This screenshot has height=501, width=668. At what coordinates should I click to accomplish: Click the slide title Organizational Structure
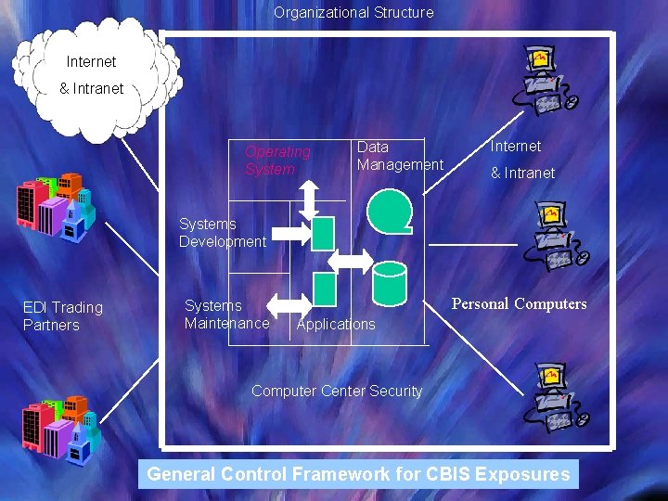(353, 13)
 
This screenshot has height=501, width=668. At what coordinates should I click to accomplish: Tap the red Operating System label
(277, 161)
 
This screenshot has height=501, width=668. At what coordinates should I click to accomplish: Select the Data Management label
(399, 156)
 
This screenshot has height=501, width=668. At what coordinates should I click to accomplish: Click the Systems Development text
(222, 233)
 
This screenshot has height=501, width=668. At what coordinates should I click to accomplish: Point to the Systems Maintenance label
(226, 315)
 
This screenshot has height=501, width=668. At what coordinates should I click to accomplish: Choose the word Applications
(336, 324)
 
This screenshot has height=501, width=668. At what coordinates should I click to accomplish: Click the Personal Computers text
(519, 304)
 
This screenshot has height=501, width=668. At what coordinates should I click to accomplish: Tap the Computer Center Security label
(337, 392)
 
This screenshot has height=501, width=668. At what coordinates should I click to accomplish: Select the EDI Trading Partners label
(63, 316)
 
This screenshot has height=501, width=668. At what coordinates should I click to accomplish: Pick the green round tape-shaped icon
(389, 211)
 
